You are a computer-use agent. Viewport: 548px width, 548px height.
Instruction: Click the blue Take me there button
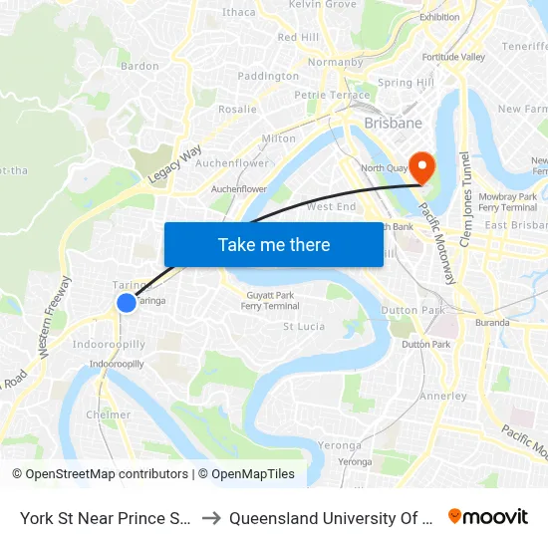click(x=273, y=244)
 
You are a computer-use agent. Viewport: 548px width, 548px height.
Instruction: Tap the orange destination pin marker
click(x=422, y=165)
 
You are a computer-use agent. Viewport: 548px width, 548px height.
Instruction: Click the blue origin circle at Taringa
click(x=127, y=302)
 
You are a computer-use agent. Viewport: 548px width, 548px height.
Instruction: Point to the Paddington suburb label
click(x=268, y=76)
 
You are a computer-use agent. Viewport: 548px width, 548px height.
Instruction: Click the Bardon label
click(x=139, y=66)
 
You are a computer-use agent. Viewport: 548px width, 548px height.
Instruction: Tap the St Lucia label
click(x=304, y=327)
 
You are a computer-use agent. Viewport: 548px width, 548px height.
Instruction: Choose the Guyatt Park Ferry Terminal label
click(x=270, y=301)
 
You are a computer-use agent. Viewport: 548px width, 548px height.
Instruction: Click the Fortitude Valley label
click(x=453, y=57)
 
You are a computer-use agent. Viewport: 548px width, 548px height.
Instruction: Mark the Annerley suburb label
click(x=443, y=396)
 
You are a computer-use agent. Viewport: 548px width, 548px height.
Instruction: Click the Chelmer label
click(x=109, y=414)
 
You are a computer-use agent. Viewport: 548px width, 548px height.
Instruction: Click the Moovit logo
click(x=488, y=516)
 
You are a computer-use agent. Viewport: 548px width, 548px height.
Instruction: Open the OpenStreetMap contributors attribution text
click(x=106, y=474)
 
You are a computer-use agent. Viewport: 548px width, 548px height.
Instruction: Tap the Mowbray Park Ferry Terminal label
click(x=508, y=202)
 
